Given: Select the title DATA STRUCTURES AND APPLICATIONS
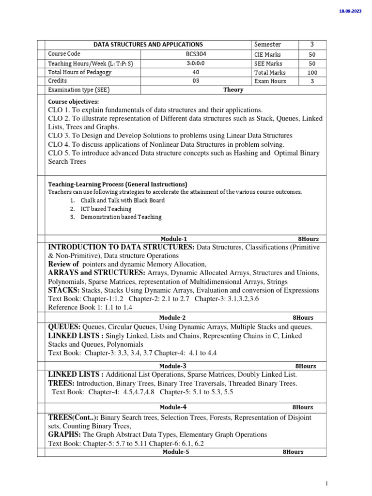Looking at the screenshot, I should (x=148, y=44).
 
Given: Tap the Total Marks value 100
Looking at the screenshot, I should (x=312, y=73).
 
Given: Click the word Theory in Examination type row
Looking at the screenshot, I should (x=233, y=90).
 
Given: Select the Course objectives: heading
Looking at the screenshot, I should (x=73, y=102).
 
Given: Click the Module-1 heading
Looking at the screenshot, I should (x=173, y=238).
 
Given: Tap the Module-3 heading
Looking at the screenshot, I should (x=173, y=366).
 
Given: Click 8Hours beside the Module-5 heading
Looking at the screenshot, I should (x=293, y=452).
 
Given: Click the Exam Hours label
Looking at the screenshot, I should (x=270, y=81).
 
